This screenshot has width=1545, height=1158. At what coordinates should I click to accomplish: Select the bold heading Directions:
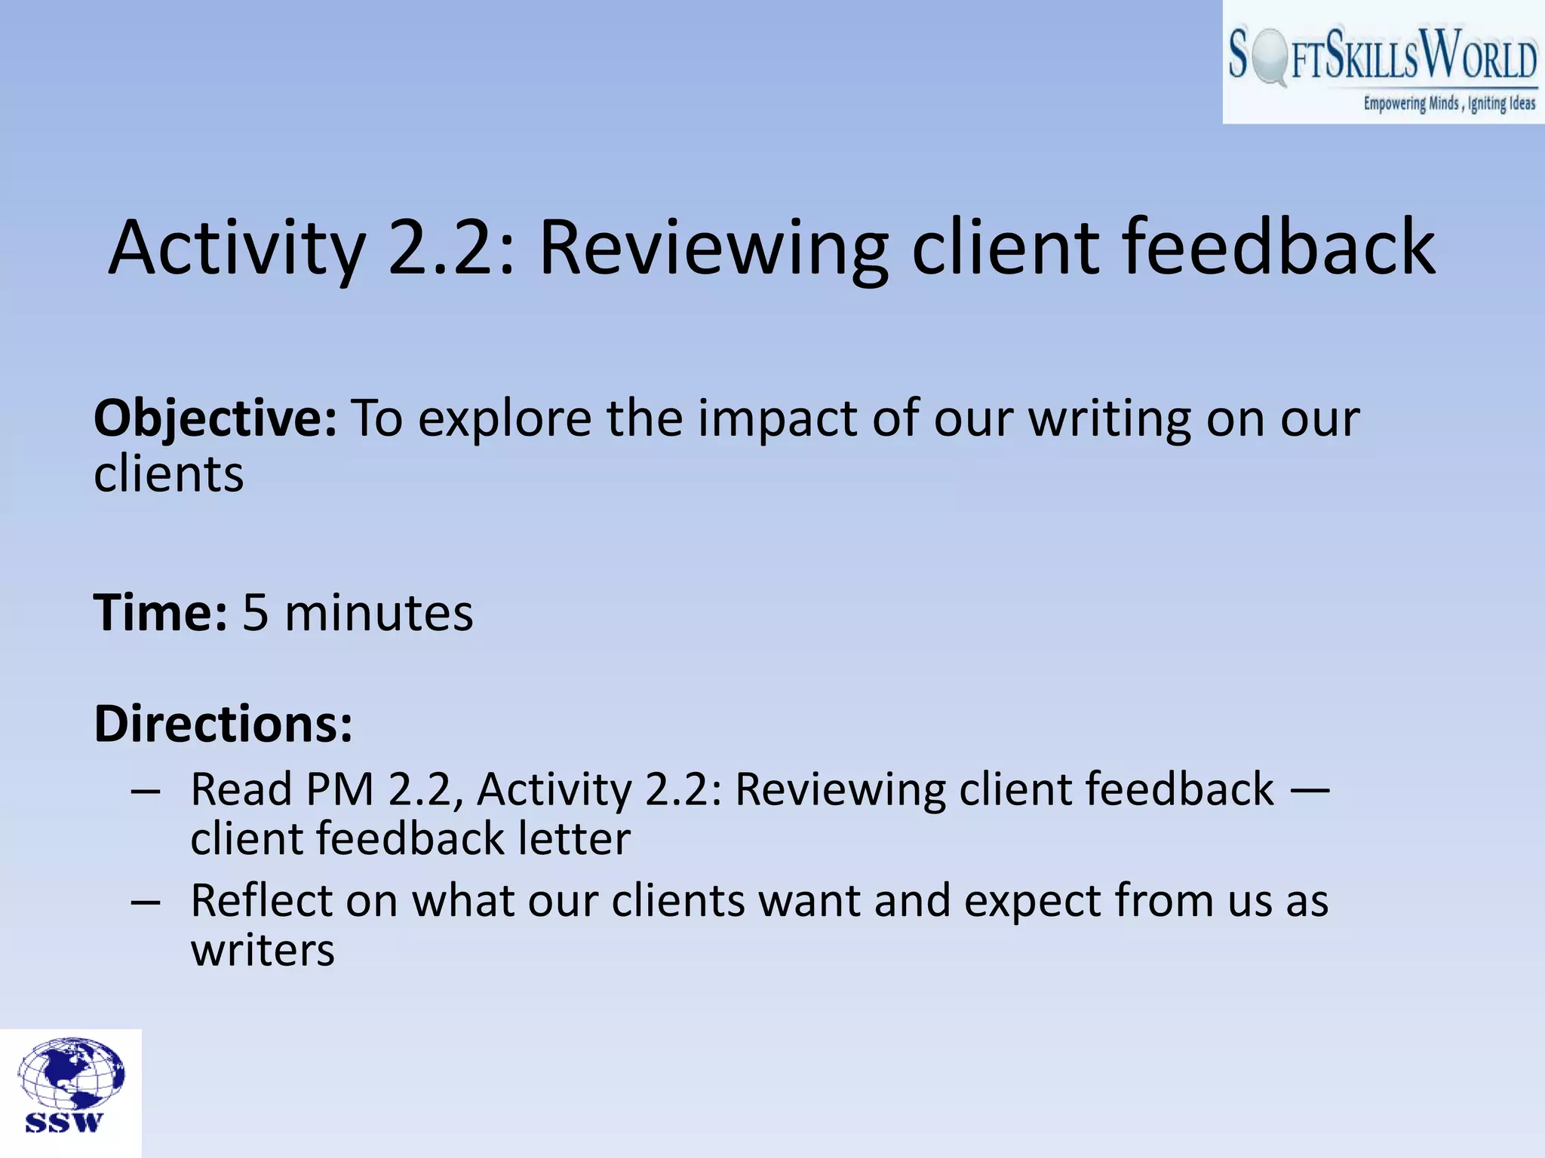[223, 724]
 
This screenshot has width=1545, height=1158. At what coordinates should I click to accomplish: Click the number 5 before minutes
[256, 612]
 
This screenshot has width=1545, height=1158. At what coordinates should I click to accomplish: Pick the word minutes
[379, 612]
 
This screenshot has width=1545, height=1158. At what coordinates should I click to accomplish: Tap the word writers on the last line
[263, 951]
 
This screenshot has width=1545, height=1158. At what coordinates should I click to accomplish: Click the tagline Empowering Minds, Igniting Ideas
[1448, 103]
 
